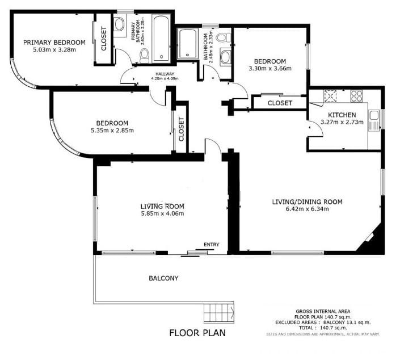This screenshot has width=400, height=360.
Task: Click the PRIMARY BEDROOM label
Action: point(54,42)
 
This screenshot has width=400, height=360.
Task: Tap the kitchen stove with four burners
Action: point(356,96)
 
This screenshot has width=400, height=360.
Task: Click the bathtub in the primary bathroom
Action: point(159,39)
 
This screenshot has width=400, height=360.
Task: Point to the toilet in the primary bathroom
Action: point(144,55)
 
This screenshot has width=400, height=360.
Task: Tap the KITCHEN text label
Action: point(338,114)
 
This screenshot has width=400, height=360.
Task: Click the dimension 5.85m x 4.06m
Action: point(162,214)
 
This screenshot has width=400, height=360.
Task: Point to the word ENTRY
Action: point(211,245)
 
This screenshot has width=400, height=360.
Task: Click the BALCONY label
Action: point(163,278)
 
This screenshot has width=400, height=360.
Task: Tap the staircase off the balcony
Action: point(218,313)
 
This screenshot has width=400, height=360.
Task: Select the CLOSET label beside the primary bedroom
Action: point(104,39)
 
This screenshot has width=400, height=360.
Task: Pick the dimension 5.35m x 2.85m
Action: point(112,131)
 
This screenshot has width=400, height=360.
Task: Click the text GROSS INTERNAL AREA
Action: point(322,311)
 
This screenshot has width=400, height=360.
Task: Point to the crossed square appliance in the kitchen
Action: point(331,96)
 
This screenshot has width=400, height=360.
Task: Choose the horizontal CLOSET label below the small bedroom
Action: point(279,103)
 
